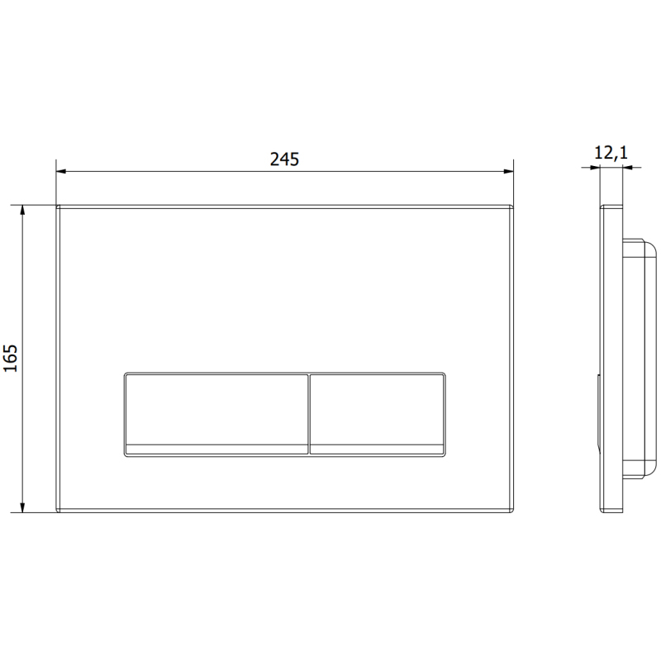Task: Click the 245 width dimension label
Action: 284,159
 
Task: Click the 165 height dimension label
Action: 11,359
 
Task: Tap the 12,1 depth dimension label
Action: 611,153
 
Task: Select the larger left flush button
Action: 216,415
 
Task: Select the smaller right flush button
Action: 377,415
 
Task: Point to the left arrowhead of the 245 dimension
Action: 61,171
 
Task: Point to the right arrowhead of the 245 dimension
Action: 508,171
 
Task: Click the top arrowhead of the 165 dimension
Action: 23,211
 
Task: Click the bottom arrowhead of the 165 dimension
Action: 23,507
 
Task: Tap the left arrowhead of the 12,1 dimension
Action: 595,168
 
